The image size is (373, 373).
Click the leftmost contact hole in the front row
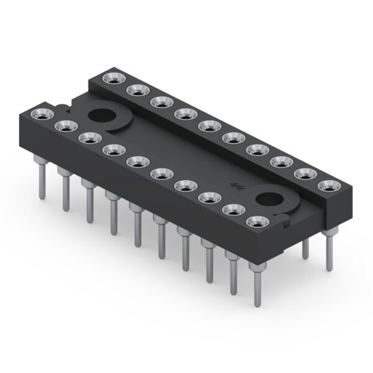click(x=41, y=114)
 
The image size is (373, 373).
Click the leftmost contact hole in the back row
click(x=113, y=78)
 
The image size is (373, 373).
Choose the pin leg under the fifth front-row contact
click(x=136, y=224)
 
